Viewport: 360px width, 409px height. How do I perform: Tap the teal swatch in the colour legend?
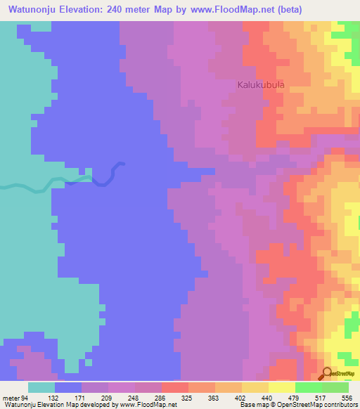click(x=41, y=388)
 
